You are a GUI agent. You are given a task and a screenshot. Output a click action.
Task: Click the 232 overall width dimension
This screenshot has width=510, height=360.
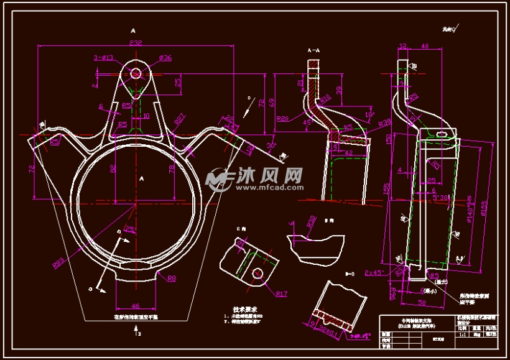(136, 43)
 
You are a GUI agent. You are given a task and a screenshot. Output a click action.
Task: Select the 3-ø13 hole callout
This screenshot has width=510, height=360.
(103, 58)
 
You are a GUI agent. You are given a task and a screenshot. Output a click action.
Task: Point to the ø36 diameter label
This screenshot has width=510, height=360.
(165, 58)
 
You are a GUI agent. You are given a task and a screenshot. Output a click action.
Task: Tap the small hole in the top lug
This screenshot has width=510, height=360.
(136, 73)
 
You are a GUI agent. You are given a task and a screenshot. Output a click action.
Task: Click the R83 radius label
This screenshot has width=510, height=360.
(60, 263)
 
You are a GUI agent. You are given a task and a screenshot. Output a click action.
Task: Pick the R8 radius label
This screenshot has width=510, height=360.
(172, 278)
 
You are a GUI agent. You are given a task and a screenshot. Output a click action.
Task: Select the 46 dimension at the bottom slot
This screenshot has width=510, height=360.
(136, 305)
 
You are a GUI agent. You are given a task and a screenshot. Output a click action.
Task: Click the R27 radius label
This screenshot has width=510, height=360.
(179, 119)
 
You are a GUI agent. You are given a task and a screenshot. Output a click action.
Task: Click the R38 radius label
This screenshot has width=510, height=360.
(384, 122)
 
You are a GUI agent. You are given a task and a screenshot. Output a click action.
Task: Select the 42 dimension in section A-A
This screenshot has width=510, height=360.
(348, 152)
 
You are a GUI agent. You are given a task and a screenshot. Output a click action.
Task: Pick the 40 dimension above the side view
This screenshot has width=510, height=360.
(425, 46)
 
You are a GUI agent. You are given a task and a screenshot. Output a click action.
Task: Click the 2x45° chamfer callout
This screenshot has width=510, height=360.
(375, 272)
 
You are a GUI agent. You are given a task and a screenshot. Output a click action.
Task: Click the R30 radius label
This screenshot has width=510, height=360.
(312, 221)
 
